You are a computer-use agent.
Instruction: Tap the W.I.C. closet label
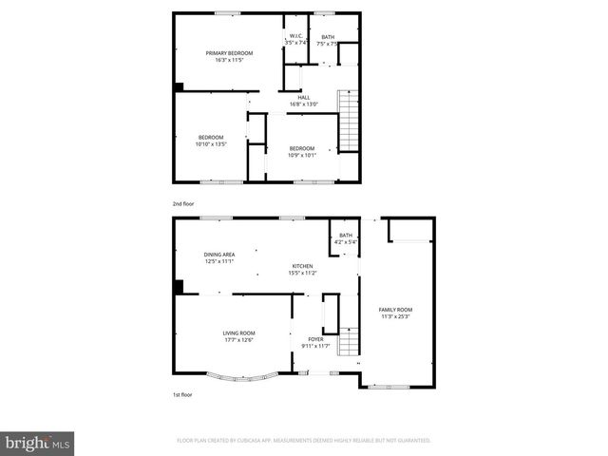pyautogui.click(x=296, y=37)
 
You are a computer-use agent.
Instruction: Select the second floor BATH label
pyautogui.click(x=328, y=37)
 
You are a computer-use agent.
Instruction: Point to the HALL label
pyautogui.click(x=304, y=97)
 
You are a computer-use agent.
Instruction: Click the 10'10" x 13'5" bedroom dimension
pyautogui.click(x=212, y=144)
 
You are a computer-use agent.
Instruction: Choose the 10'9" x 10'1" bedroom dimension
pyautogui.click(x=302, y=154)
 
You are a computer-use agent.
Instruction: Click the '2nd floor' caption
pyautogui.click(x=182, y=203)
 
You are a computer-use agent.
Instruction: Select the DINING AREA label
pyautogui.click(x=219, y=255)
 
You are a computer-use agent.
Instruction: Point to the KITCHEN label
pyautogui.click(x=302, y=266)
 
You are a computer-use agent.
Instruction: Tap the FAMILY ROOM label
pyautogui.click(x=395, y=310)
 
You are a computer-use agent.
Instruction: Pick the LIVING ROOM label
pyautogui.click(x=239, y=332)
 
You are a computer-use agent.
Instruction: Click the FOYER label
pyautogui.click(x=315, y=339)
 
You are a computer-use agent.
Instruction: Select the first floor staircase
pyautogui.click(x=351, y=339)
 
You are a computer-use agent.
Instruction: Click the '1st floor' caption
pyautogui.click(x=181, y=394)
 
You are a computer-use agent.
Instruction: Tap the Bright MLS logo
pyautogui.click(x=38, y=442)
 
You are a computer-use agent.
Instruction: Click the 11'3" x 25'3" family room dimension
pyautogui.click(x=395, y=316)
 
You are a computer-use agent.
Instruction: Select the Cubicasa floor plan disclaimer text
pyautogui.click(x=304, y=441)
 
